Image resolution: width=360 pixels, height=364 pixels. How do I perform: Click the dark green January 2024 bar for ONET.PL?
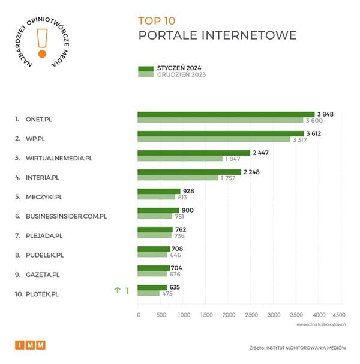(226, 114)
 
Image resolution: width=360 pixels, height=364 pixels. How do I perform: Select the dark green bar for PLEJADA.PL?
(155, 229)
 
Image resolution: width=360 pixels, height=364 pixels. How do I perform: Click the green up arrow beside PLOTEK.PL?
(118, 291)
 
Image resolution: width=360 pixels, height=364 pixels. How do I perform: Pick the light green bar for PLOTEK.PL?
(149, 293)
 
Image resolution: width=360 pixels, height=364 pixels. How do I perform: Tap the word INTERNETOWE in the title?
(252, 35)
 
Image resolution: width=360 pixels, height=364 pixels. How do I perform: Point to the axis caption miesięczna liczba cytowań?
(321, 324)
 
